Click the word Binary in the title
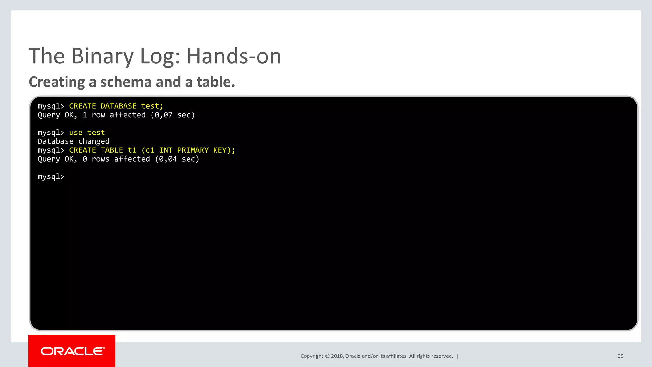click(103, 56)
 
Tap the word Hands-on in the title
click(234, 56)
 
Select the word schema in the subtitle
click(126, 82)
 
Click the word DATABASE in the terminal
click(118, 106)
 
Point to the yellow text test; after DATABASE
click(152, 106)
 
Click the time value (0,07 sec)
click(173, 115)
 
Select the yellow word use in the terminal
click(76, 133)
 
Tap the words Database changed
click(74, 141)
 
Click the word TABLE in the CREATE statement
click(112, 150)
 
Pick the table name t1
click(132, 150)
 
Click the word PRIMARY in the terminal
click(193, 150)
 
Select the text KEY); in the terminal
click(224, 150)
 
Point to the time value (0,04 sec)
click(177, 159)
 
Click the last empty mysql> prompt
click(51, 176)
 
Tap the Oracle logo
click(72, 351)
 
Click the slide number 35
click(620, 356)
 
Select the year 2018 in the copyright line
click(337, 356)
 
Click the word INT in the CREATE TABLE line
click(166, 150)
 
